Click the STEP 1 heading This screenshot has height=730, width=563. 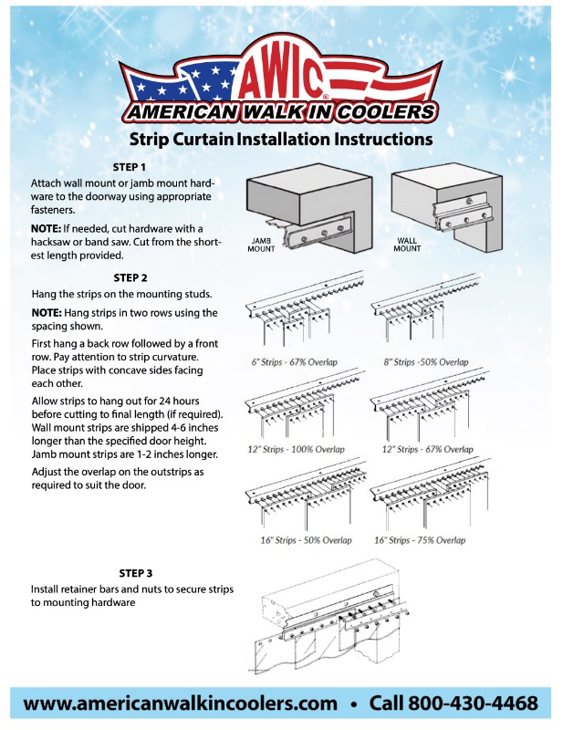coord(130,168)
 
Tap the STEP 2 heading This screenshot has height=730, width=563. coord(130,276)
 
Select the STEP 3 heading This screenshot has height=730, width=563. coord(135,572)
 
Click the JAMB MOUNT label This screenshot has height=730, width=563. coord(266,245)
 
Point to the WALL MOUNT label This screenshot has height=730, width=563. coord(407,245)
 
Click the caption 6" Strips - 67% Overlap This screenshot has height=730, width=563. coord(294,362)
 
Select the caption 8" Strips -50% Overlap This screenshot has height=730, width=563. coord(425,362)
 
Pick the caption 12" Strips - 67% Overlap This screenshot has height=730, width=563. coord(424,450)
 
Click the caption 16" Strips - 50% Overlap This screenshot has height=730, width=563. coord(300,540)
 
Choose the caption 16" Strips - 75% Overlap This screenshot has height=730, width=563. coord(420,540)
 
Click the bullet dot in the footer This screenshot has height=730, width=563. coord(353,704)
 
